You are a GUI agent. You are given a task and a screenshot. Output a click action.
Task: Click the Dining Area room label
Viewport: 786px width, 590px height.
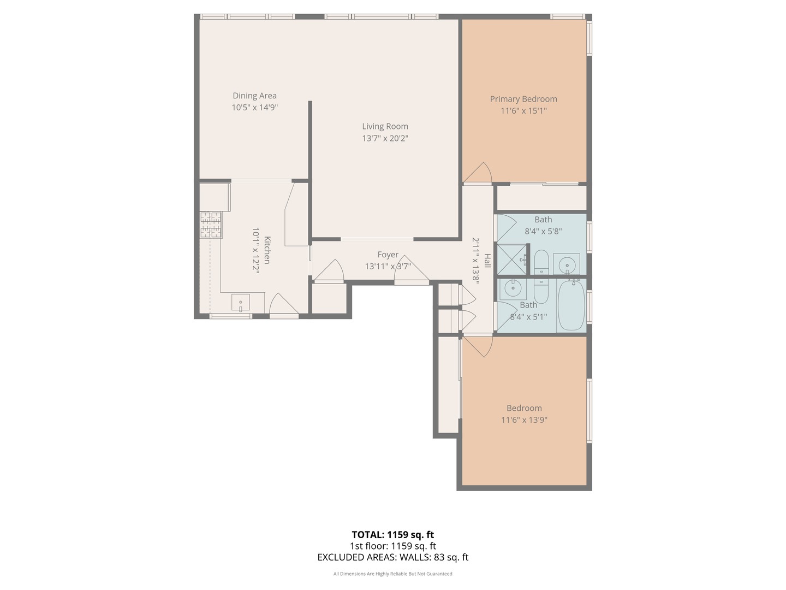point(254,96)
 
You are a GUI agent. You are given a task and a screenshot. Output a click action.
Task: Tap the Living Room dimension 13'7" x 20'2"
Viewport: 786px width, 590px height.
point(385,138)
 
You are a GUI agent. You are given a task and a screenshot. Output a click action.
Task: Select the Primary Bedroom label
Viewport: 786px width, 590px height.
point(523,99)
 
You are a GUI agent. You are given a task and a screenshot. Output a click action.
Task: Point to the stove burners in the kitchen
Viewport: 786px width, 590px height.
point(211,225)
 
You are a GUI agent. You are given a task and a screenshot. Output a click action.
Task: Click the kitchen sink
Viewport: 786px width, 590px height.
point(240,303)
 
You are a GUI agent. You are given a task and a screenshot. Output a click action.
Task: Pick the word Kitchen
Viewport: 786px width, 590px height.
point(267,250)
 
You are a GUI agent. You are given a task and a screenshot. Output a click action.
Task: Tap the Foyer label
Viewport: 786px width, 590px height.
point(388,255)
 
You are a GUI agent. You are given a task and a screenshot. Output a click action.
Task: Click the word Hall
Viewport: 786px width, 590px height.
point(487,261)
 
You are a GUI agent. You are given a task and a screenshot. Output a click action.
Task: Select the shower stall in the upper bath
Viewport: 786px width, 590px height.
point(512,259)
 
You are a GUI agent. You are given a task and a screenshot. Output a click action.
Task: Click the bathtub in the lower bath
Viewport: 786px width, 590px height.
point(571,305)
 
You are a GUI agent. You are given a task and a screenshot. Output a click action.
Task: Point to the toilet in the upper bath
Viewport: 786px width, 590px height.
point(541,262)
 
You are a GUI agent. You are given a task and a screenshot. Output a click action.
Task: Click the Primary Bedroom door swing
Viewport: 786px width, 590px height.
point(478,172)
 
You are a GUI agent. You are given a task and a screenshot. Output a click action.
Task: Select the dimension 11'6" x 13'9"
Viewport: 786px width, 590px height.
point(524,420)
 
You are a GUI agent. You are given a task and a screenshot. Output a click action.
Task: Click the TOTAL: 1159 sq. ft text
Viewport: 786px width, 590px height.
point(393,534)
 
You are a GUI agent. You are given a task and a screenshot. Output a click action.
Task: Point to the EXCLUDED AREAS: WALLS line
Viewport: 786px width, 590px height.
point(393,557)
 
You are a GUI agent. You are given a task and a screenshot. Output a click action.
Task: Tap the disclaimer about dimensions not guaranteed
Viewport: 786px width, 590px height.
point(393,574)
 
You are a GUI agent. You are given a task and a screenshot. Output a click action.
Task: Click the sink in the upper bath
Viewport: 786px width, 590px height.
point(566,264)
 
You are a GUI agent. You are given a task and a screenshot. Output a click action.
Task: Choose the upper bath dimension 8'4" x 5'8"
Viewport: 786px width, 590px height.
point(543,232)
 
